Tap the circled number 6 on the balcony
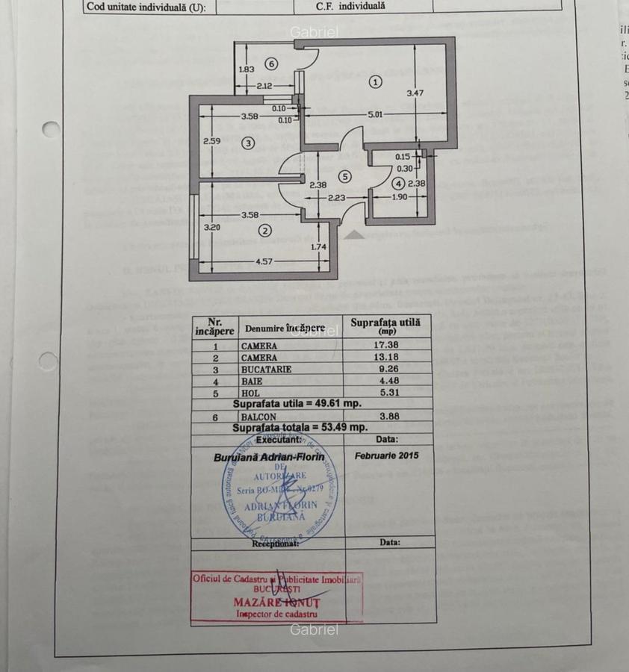(x=270, y=63)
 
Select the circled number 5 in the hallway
(x=344, y=177)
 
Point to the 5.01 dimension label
(x=375, y=114)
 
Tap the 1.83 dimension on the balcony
(x=246, y=69)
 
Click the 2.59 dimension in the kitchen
(x=212, y=140)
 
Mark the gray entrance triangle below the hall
(x=355, y=234)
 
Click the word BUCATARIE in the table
(x=266, y=369)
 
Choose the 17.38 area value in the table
(x=387, y=346)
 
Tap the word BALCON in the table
(x=258, y=417)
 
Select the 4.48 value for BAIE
(x=387, y=379)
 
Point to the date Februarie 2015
(x=387, y=455)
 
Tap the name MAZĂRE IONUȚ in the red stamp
(x=276, y=602)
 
